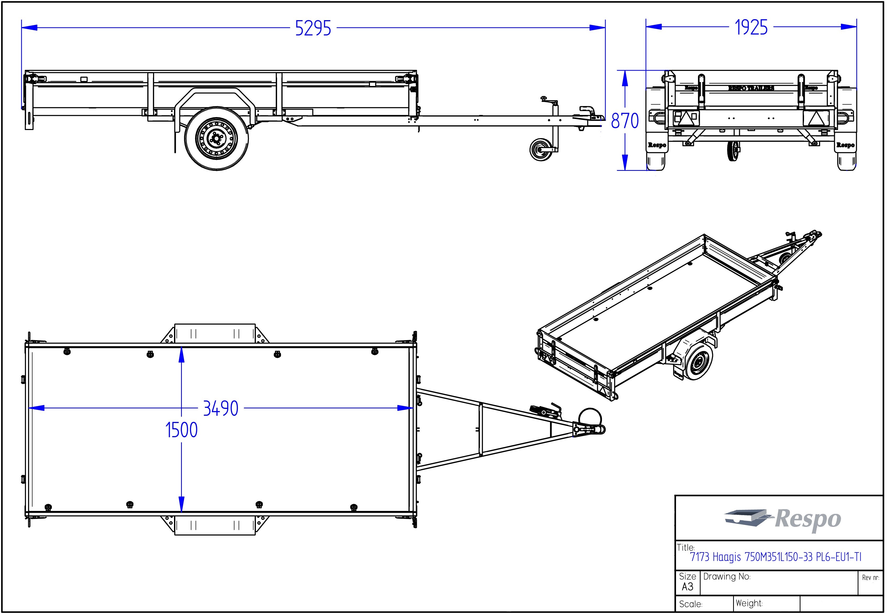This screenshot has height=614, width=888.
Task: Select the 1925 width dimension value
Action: tap(751, 27)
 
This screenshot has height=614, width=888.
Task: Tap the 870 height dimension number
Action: tap(625, 121)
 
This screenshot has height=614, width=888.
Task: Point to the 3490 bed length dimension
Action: tap(221, 408)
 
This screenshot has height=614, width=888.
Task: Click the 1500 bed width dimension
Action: tap(182, 430)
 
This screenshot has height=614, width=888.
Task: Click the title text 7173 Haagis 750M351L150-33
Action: tap(775, 557)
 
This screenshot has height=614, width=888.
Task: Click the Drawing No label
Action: tap(727, 576)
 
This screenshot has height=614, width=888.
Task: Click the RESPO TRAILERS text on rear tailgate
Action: tap(751, 88)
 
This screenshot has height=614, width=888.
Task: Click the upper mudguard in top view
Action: tap(215, 333)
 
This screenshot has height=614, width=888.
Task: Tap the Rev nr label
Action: tap(870, 577)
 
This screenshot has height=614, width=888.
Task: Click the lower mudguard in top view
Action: tap(215, 526)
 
